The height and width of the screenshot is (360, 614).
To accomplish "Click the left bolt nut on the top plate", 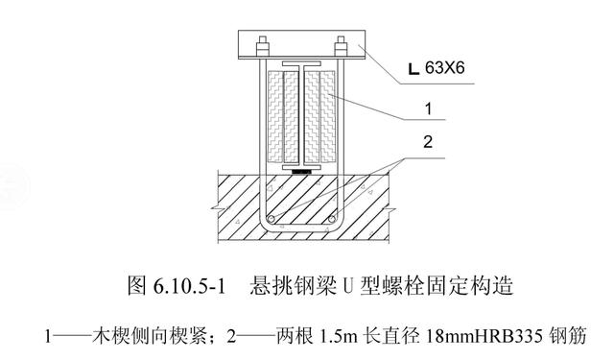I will click(261, 42).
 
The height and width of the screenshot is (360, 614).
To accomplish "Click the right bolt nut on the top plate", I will click(341, 42).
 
